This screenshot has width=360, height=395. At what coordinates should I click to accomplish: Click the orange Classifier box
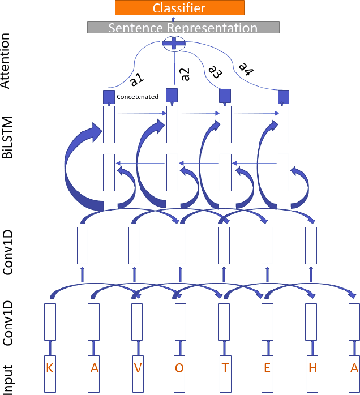pyautogui.click(x=179, y=7)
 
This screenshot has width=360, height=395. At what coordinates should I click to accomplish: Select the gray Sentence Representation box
pyautogui.click(x=183, y=27)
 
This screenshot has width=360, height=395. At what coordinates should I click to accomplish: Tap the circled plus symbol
pyautogui.click(x=174, y=42)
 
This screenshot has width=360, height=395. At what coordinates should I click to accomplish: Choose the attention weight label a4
pyautogui.click(x=245, y=68)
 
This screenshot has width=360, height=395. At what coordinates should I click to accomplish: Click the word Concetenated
pyautogui.click(x=138, y=97)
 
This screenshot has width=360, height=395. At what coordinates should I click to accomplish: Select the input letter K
pyautogui.click(x=50, y=368)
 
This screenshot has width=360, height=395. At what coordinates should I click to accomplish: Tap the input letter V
pyautogui.click(x=137, y=368)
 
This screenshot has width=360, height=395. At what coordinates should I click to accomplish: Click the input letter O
pyautogui.click(x=180, y=368)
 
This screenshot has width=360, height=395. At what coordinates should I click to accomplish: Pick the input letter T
pyautogui.click(x=225, y=368)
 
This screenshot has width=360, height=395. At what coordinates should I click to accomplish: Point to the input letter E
pyautogui.click(x=268, y=368)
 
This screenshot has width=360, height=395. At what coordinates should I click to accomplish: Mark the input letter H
pyautogui.click(x=312, y=368)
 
